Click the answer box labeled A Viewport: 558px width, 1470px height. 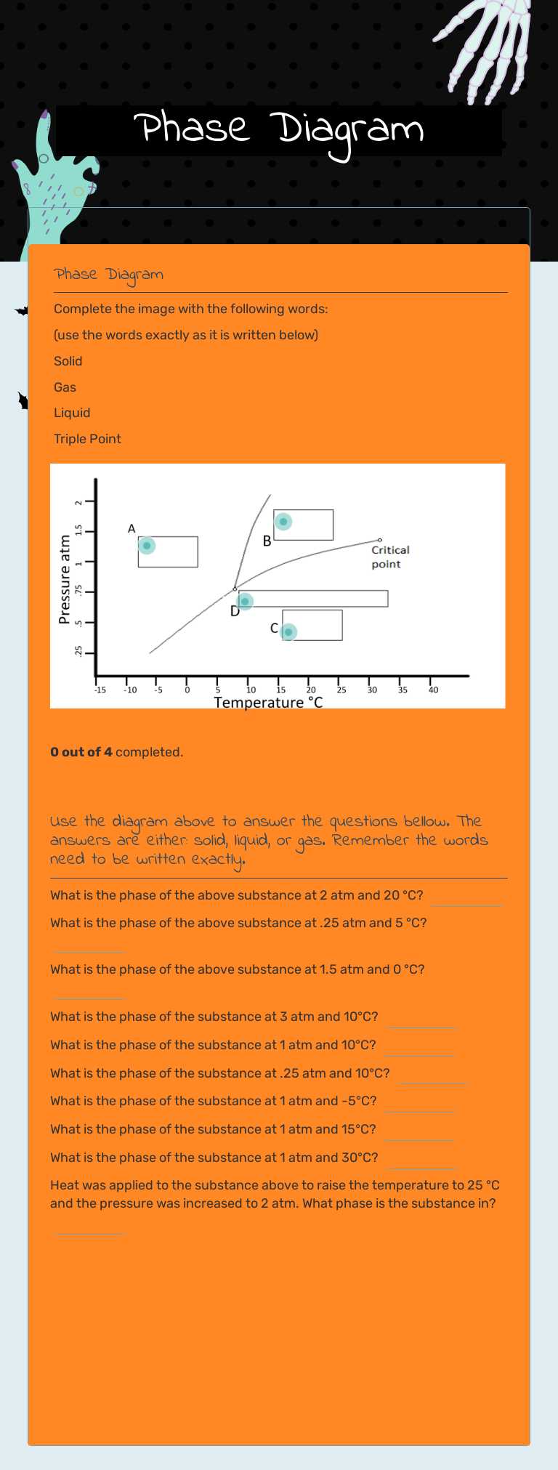pyautogui.click(x=169, y=552)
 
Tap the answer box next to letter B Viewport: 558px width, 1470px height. pyautogui.click(x=304, y=525)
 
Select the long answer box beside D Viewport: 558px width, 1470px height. pyautogui.click(x=313, y=599)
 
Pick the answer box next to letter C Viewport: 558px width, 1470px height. pyautogui.click(x=312, y=625)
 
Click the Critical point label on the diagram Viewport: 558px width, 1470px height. pyautogui.click(x=390, y=557)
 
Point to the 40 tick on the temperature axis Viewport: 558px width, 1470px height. pyautogui.click(x=433, y=690)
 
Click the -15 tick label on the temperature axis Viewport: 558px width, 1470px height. pyautogui.click(x=100, y=690)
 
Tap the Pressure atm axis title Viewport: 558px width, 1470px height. pyautogui.click(x=65, y=579)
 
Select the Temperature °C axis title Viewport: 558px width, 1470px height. pyautogui.click(x=268, y=702)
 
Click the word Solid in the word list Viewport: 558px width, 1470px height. pyautogui.click(x=68, y=361)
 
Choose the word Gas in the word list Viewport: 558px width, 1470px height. pyautogui.click(x=65, y=387)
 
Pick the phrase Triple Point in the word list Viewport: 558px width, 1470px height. pyautogui.click(x=87, y=439)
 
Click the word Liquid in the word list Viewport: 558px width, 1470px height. pyautogui.click(x=72, y=413)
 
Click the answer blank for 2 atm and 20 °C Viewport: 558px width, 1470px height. pyautogui.click(x=465, y=898)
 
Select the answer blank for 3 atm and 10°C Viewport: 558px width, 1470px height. pyautogui.click(x=421, y=1019)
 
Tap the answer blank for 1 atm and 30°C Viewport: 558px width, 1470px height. pyautogui.click(x=421, y=1160)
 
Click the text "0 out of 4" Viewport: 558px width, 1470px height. pyautogui.click(x=81, y=752)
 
